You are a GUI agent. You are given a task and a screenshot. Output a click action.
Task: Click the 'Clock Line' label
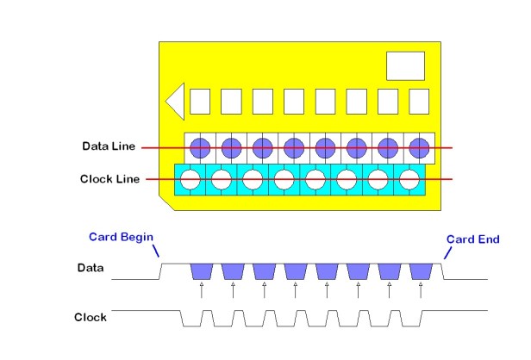(x=108, y=180)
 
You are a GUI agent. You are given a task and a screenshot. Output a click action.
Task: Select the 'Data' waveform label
(x=90, y=269)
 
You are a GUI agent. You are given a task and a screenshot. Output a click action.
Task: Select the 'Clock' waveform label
(x=90, y=318)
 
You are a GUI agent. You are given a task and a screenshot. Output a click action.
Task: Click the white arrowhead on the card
(x=175, y=101)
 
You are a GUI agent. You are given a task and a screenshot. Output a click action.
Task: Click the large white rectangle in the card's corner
(x=405, y=66)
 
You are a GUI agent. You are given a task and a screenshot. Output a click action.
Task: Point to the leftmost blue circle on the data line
(x=199, y=147)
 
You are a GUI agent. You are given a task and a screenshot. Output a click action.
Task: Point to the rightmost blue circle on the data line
(x=419, y=147)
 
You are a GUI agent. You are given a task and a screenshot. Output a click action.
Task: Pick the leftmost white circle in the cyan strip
(x=190, y=180)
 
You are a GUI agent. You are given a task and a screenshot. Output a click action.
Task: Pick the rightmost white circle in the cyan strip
(x=409, y=180)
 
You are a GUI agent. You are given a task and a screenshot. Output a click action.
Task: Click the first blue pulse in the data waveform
(x=201, y=271)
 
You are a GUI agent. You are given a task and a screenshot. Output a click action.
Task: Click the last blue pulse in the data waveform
(x=421, y=271)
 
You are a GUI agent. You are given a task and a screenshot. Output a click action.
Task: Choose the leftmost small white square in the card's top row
(x=200, y=102)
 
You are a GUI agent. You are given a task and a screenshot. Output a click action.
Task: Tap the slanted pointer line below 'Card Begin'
(x=156, y=251)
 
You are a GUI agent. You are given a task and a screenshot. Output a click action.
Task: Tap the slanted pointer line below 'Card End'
(x=447, y=252)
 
